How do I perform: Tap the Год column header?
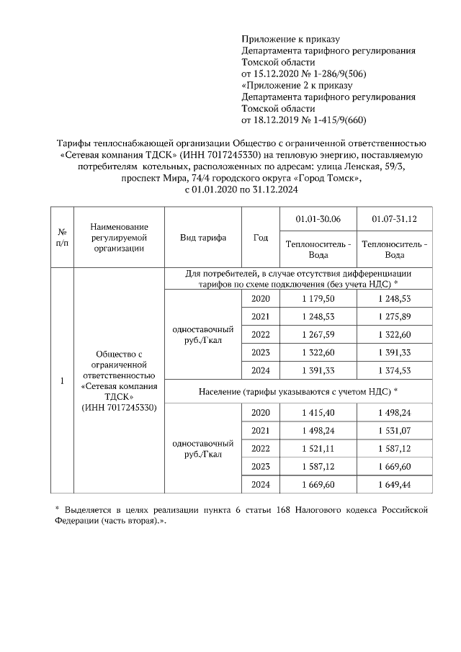coord(261,237)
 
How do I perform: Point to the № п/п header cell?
coord(63,237)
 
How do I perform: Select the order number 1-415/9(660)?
coord(332,120)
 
